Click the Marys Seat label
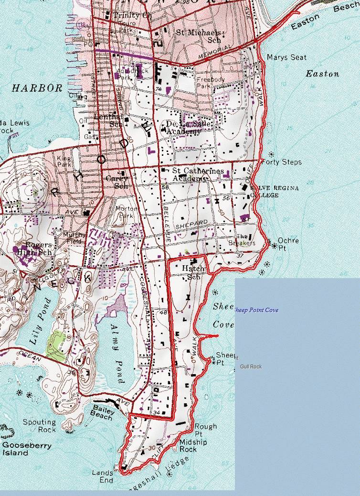pos(286,57)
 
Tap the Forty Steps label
pos(284,162)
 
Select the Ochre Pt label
pos(288,244)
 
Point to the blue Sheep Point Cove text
pos(256,310)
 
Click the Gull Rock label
pos(251,367)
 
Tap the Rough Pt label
pos(205,430)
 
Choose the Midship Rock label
pos(193,446)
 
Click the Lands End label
pos(103,476)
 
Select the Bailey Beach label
pos(103,412)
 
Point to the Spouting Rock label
pos(40,426)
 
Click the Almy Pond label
pos(117,354)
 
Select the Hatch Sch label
pos(193,272)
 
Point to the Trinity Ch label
pos(133,15)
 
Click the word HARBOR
pos(37,88)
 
